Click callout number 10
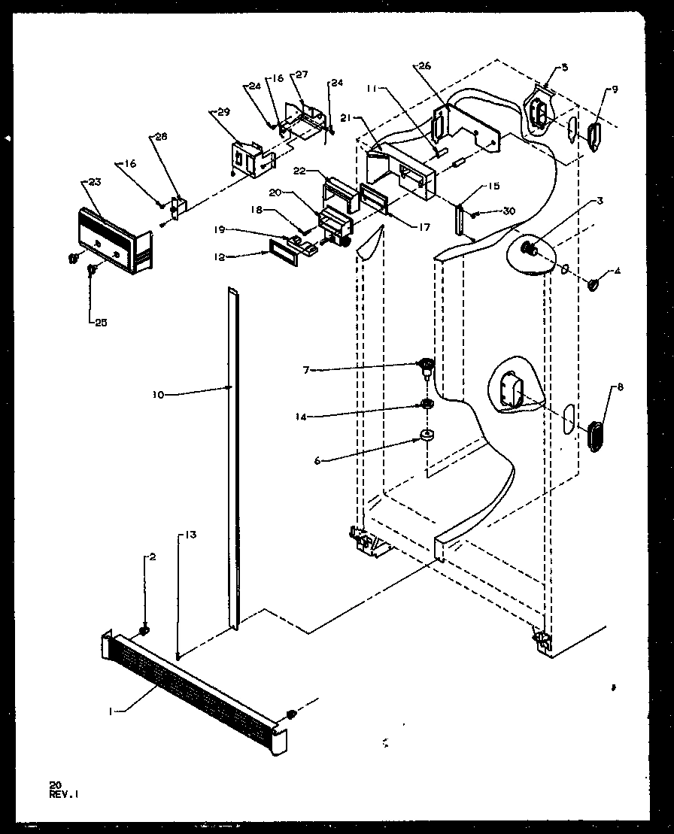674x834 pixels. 158,393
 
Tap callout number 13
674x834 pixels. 189,535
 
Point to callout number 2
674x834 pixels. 152,557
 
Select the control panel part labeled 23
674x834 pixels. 113,239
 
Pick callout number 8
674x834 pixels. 619,388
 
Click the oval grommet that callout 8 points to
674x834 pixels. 594,437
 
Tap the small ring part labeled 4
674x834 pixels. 593,285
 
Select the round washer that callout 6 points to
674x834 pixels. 427,435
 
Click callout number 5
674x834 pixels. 564,67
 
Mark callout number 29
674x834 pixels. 222,111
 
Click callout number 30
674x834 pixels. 510,211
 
